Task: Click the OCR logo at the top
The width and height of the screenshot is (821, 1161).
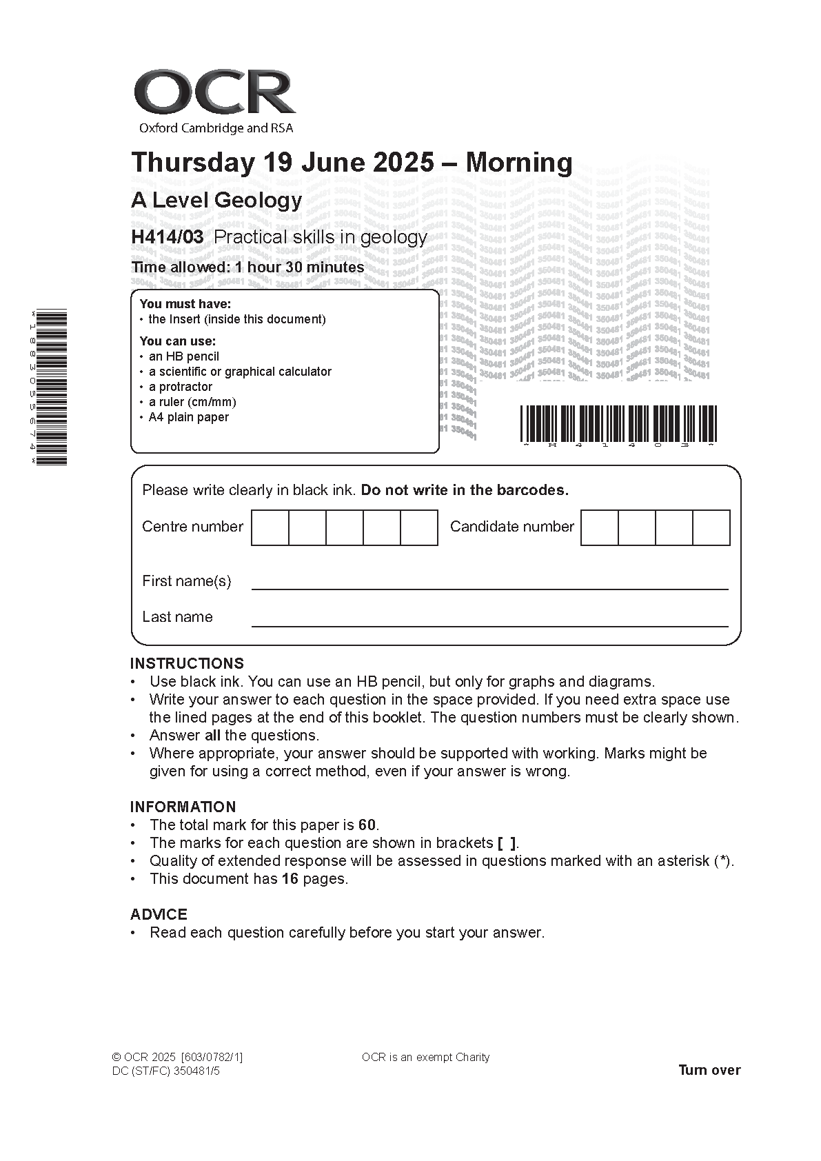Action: [x=214, y=93]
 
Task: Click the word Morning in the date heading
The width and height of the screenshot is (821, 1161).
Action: [x=519, y=163]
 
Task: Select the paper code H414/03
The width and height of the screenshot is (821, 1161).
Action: [x=168, y=237]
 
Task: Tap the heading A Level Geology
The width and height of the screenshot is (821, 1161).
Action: [x=216, y=201]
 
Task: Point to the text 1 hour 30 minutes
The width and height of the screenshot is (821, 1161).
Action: [x=300, y=267]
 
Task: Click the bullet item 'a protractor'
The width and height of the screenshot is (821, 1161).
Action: [x=181, y=387]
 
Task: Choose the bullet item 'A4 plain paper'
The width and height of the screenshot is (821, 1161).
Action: [x=188, y=417]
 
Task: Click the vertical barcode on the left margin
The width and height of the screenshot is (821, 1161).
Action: [x=51, y=387]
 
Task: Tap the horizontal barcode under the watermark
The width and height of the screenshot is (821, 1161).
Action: [x=618, y=423]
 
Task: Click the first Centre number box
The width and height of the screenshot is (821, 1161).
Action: [x=270, y=527]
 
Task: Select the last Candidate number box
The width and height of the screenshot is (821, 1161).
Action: [x=711, y=527]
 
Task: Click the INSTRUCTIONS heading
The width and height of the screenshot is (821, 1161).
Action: [x=187, y=663]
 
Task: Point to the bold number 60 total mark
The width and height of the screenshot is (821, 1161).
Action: [x=367, y=825]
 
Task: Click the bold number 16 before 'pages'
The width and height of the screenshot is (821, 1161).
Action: [x=290, y=878]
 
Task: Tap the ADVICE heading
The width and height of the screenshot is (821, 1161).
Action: [x=159, y=914]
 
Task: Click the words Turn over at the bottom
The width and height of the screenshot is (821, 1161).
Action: [x=709, y=1070]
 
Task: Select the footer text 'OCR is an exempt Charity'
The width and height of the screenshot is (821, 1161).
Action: [x=425, y=1057]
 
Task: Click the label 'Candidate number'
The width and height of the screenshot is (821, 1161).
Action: [x=511, y=527]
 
